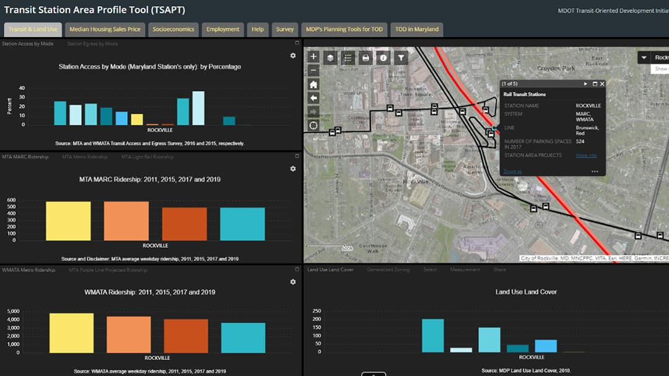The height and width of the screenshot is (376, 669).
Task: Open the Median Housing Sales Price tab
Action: click(x=105, y=29)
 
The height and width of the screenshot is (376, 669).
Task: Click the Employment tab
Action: click(x=223, y=29)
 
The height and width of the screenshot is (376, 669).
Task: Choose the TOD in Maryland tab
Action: click(x=416, y=29)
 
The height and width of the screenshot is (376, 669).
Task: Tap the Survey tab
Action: click(x=285, y=29)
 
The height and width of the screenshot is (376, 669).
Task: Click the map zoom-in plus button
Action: click(x=313, y=57)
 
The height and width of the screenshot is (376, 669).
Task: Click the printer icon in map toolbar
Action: click(x=365, y=58)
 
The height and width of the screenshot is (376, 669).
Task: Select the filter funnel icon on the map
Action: click(x=401, y=58)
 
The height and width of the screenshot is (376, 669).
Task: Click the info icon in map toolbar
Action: click(x=383, y=58)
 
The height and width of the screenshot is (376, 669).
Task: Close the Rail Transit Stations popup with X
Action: click(x=602, y=84)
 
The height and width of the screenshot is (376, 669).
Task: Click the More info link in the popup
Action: click(x=586, y=155)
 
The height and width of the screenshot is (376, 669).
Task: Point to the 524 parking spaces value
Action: click(x=581, y=142)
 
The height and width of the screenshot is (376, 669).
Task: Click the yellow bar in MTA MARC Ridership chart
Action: click(x=68, y=221)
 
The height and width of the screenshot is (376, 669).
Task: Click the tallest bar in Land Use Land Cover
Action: click(x=433, y=335)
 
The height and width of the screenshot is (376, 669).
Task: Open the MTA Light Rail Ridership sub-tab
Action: click(x=147, y=157)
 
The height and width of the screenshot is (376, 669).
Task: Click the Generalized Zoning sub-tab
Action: click(x=388, y=270)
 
